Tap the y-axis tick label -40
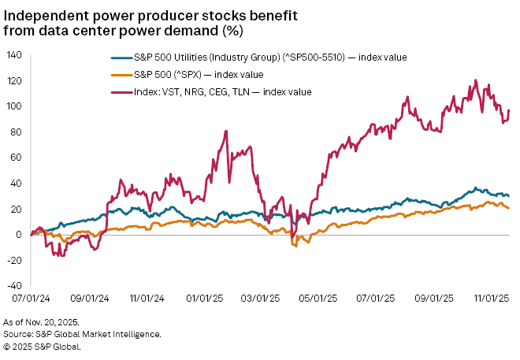[13, 285]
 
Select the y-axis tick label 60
[16, 158]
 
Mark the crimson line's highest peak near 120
[475, 80]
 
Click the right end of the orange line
[508, 208]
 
